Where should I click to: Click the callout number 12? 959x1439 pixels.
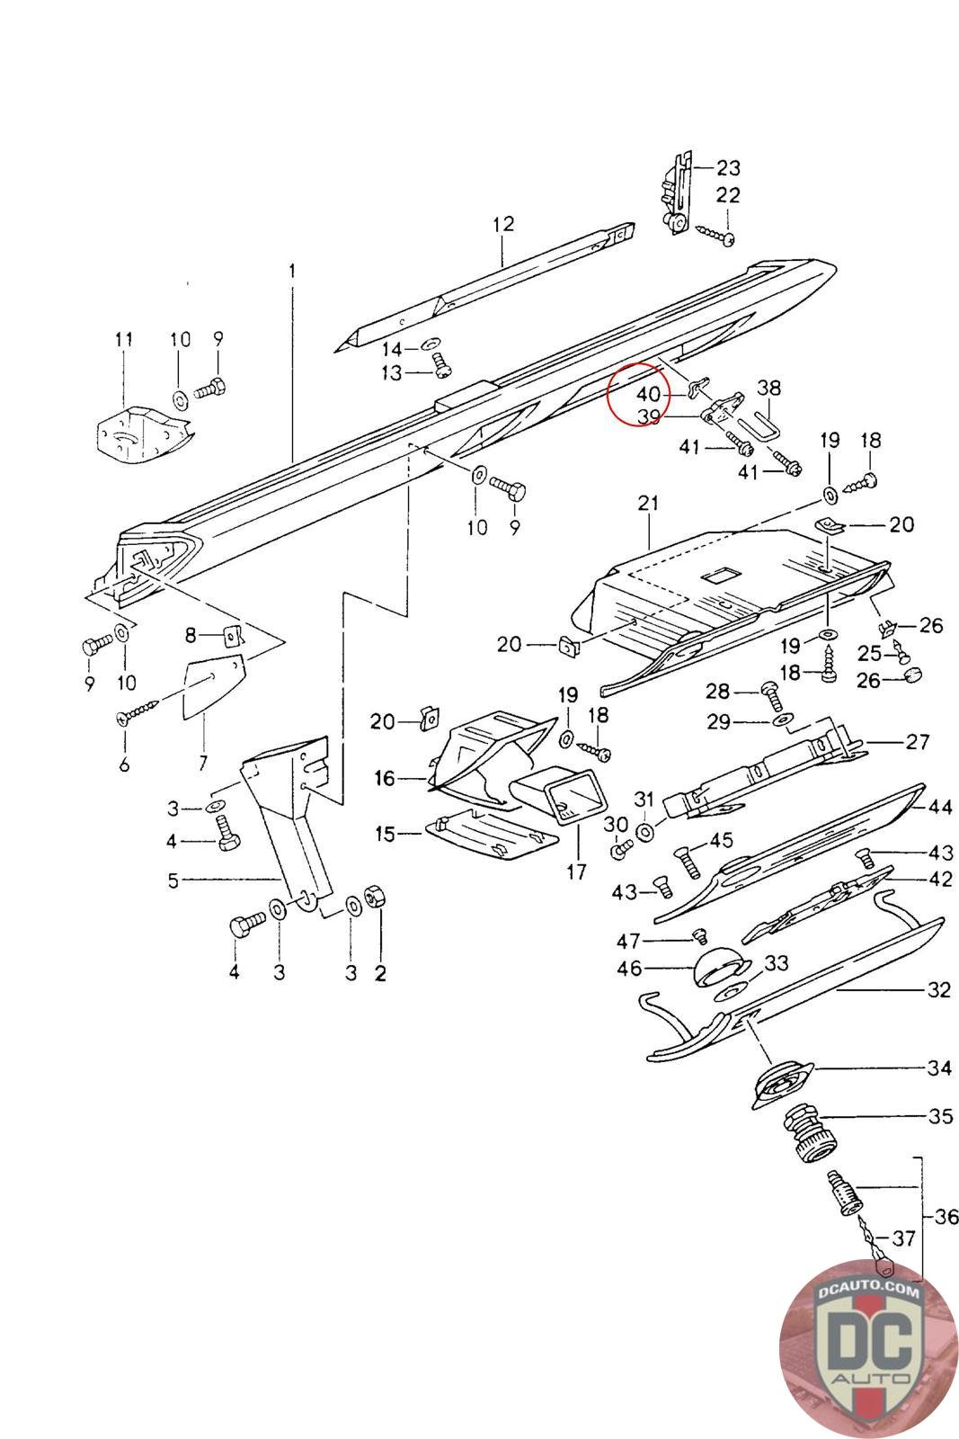click(x=503, y=223)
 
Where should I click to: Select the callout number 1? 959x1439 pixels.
click(x=290, y=270)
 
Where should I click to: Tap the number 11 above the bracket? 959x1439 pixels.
click(x=123, y=339)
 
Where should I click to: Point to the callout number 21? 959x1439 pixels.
click(x=648, y=505)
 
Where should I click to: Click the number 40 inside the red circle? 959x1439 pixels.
click(x=648, y=394)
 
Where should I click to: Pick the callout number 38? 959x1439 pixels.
click(x=768, y=388)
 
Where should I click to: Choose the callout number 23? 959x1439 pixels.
click(x=728, y=167)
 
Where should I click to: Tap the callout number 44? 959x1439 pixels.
click(x=940, y=808)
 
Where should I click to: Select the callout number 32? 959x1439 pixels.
click(x=938, y=990)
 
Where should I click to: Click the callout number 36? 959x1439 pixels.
click(x=946, y=1218)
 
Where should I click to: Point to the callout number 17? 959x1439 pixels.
click(x=576, y=871)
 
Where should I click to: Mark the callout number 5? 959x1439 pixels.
click(x=173, y=880)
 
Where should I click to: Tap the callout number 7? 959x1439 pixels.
click(x=202, y=764)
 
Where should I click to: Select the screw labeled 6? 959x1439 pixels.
click(x=139, y=715)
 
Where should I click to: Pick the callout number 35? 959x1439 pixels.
click(x=940, y=1117)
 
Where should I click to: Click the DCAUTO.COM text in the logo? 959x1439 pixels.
click(x=868, y=1292)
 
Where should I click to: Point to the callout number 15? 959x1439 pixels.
click(x=385, y=835)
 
